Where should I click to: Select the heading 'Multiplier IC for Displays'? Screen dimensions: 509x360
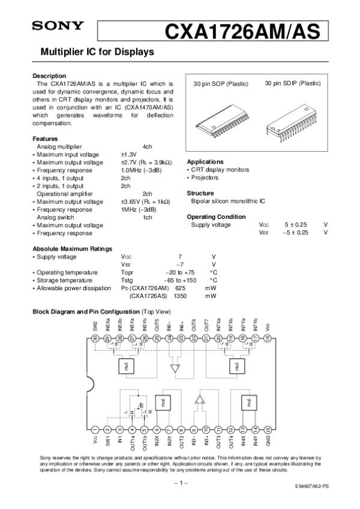(x=97, y=52)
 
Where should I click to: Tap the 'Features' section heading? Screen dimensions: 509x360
(x=45, y=138)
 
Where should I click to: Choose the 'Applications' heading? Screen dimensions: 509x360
(x=205, y=162)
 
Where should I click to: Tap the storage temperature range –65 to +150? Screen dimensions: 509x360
(x=181, y=280)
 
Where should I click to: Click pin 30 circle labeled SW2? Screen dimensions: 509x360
(x=95, y=339)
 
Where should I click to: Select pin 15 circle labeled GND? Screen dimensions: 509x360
(x=268, y=429)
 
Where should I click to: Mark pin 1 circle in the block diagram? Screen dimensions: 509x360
(x=95, y=429)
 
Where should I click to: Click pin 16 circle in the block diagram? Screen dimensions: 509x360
(x=268, y=339)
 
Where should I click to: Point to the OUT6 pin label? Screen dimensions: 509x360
(x=194, y=325)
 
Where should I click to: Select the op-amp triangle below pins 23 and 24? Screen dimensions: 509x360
(x=175, y=368)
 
